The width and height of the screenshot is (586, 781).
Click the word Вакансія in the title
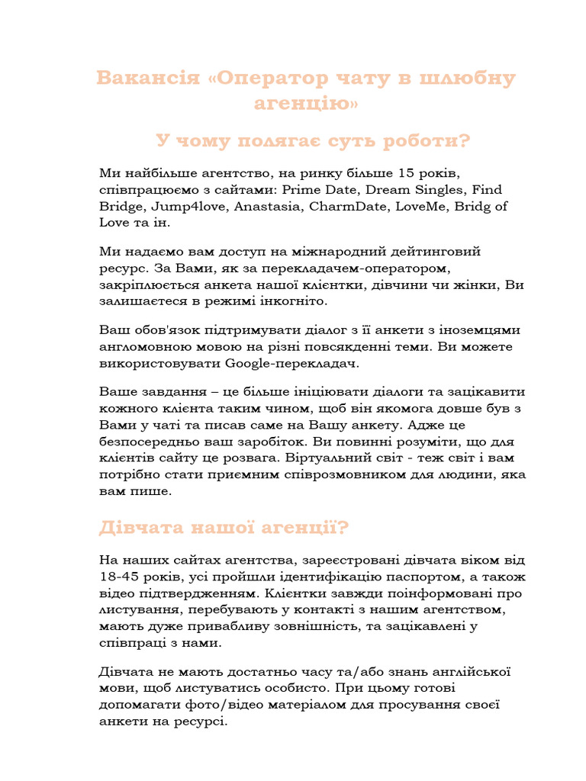click(x=145, y=79)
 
